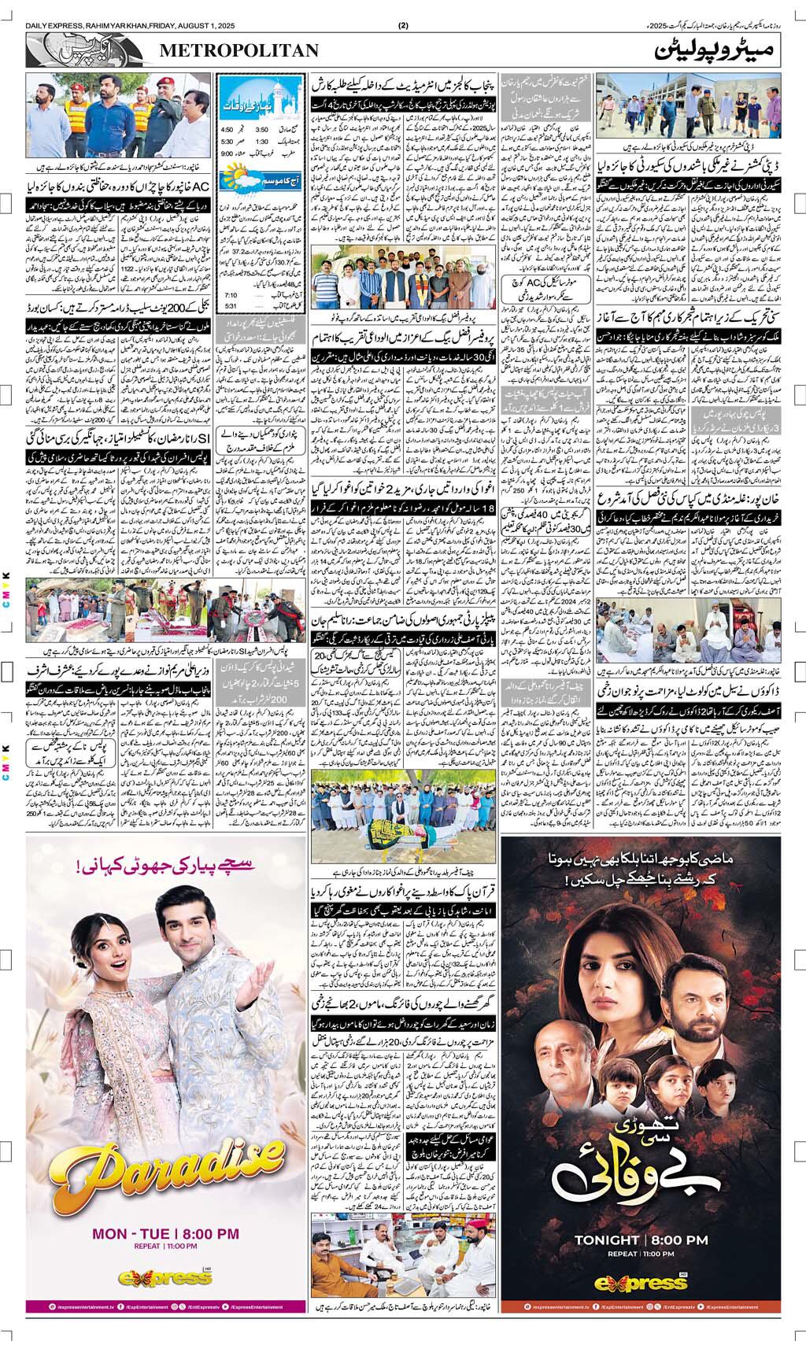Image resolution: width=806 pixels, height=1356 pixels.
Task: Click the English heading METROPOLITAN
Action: pyautogui.click(x=239, y=51)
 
